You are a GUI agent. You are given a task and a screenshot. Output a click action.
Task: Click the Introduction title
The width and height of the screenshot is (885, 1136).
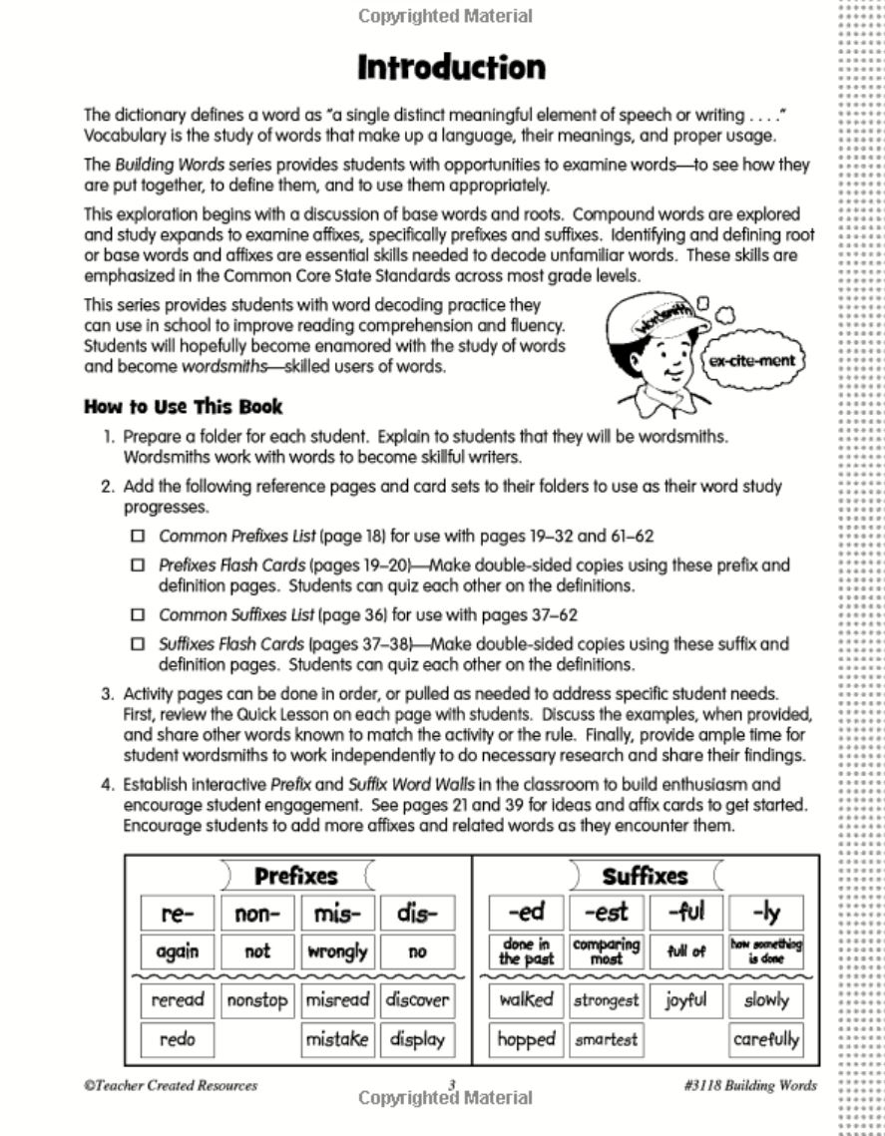(x=451, y=68)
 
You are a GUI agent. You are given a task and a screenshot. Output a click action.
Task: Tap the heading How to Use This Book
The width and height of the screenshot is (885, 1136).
(x=183, y=407)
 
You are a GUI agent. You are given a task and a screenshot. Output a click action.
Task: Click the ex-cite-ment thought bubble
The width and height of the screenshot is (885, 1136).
(x=752, y=360)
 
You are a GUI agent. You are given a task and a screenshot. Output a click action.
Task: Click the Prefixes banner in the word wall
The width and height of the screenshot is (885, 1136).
(x=295, y=877)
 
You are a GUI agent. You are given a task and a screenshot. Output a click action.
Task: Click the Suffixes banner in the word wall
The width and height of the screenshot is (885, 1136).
(x=645, y=877)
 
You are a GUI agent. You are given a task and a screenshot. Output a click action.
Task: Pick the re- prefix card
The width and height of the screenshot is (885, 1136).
(x=177, y=914)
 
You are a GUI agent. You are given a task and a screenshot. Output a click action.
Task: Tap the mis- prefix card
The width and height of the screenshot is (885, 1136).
(x=337, y=914)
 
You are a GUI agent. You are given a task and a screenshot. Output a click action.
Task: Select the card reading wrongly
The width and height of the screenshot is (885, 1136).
(x=337, y=951)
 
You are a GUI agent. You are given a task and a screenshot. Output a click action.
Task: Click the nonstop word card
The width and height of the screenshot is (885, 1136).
(x=256, y=1000)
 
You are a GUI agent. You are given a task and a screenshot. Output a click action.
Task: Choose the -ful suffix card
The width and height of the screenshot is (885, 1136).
(x=686, y=914)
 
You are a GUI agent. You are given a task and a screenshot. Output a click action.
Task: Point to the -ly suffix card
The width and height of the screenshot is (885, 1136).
(x=766, y=914)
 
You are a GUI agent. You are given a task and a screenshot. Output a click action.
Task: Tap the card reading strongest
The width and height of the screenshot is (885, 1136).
(x=606, y=1000)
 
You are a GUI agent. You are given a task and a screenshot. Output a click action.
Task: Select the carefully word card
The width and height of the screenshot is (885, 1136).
(x=766, y=1039)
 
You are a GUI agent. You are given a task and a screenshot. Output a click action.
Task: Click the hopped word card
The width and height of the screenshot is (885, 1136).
(x=526, y=1039)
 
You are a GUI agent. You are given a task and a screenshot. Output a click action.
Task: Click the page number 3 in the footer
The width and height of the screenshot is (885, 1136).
(x=451, y=1085)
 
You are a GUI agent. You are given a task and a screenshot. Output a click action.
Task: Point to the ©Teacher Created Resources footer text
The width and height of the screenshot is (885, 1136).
(x=170, y=1085)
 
